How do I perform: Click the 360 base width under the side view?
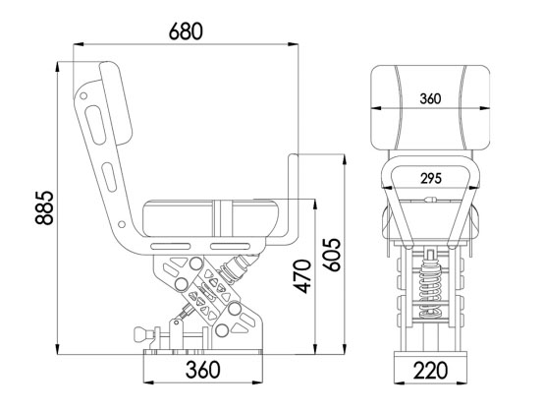click(x=202, y=371)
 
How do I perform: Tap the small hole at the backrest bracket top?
click(x=84, y=94)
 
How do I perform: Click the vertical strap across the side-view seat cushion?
click(x=225, y=217)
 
